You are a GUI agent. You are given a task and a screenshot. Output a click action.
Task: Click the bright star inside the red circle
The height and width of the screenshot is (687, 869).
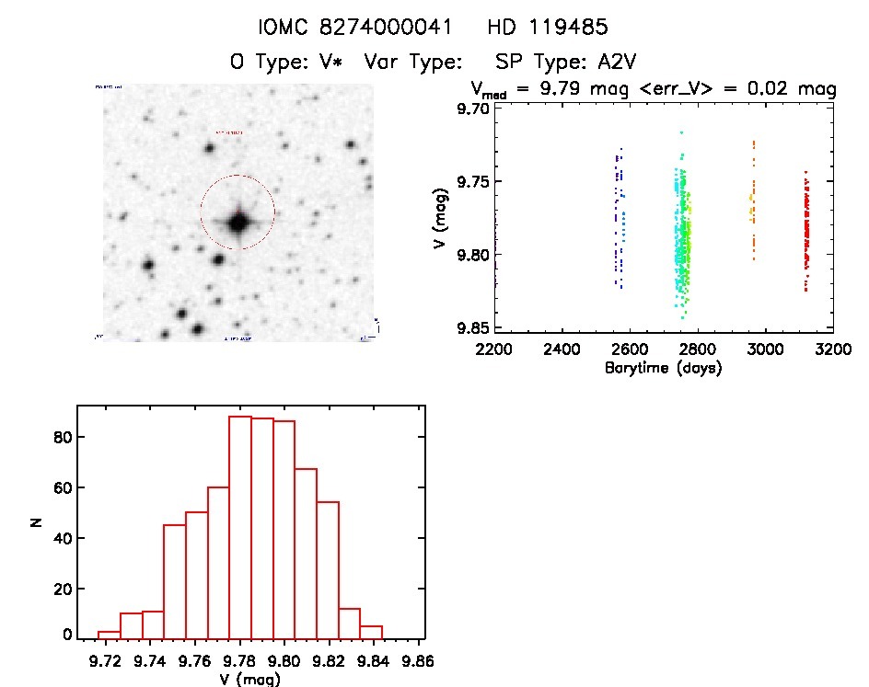tap(238, 222)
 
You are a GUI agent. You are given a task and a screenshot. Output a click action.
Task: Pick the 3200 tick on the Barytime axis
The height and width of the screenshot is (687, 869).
tap(833, 350)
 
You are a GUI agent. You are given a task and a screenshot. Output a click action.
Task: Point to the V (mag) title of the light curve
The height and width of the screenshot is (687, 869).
tap(443, 217)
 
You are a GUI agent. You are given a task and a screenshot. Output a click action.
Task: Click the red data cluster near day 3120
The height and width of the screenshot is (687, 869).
tap(806, 235)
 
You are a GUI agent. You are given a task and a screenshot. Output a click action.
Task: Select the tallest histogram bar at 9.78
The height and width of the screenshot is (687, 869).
tap(240, 526)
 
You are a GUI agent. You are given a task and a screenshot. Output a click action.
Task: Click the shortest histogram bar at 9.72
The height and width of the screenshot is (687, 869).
tap(109, 634)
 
